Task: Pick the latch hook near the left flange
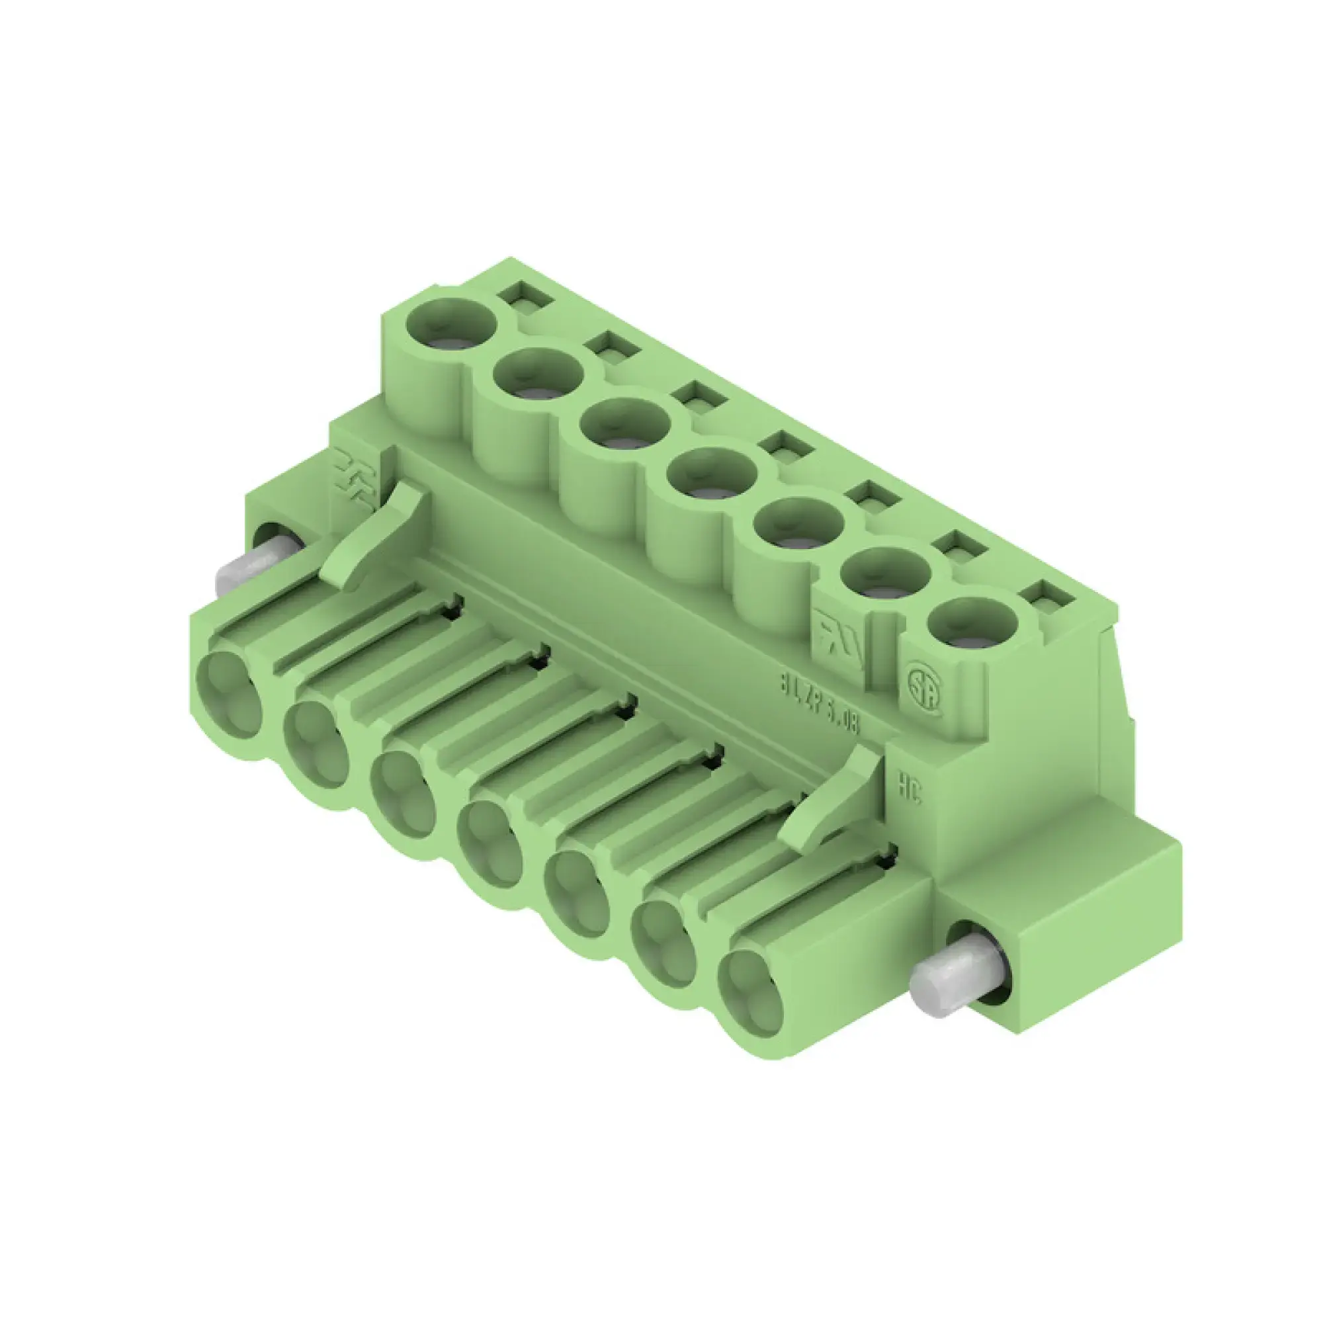click(x=375, y=534)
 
